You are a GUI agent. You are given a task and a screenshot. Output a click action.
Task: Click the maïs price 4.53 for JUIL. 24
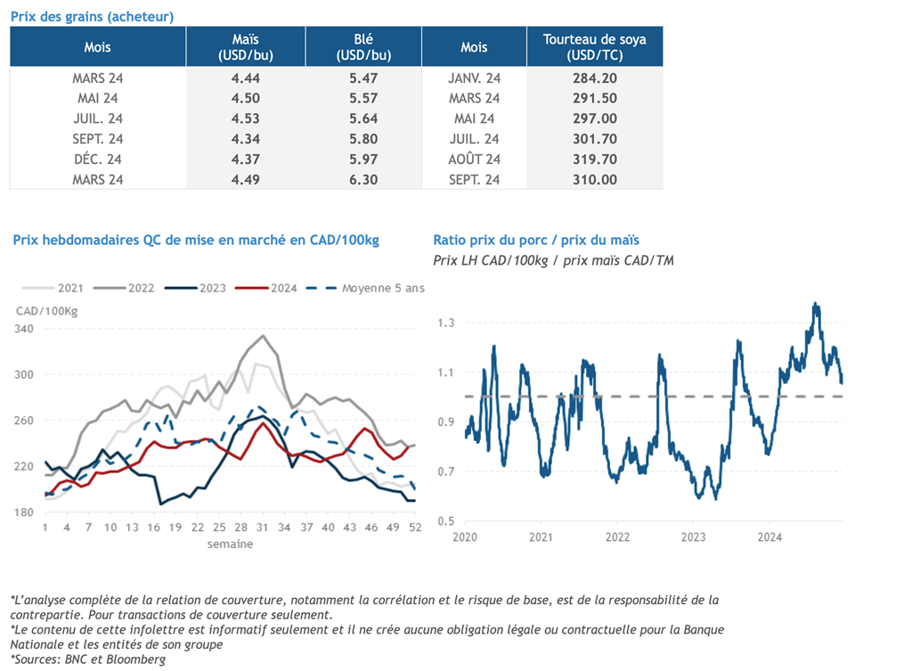(x=246, y=119)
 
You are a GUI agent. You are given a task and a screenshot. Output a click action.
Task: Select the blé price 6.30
(x=363, y=180)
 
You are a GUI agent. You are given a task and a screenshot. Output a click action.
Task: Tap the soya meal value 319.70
(x=594, y=160)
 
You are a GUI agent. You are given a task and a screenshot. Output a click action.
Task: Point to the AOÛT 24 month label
(x=474, y=160)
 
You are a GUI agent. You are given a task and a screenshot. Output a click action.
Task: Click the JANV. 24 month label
(x=474, y=78)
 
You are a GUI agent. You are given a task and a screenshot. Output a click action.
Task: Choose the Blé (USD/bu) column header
(x=363, y=47)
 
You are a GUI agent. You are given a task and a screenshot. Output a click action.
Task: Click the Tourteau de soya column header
(x=594, y=47)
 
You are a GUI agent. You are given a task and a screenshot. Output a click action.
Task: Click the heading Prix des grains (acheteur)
(x=92, y=16)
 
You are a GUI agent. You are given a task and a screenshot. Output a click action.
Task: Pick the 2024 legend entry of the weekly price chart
(x=265, y=288)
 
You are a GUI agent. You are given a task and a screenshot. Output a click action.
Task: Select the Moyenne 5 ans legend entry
(x=365, y=288)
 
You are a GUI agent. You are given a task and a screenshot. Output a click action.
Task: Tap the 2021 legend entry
(x=53, y=288)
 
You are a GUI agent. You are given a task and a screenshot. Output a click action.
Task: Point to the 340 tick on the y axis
(x=24, y=329)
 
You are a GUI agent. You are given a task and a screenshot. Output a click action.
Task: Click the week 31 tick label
(x=263, y=528)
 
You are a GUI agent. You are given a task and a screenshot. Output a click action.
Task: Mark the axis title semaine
(x=231, y=544)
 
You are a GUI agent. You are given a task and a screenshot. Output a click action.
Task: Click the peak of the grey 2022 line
(x=263, y=336)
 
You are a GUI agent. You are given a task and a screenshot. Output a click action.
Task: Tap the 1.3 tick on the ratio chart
(x=446, y=323)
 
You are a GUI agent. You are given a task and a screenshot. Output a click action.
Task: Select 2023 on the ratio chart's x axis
(x=693, y=537)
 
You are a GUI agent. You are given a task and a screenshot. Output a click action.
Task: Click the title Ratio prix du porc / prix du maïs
(x=536, y=240)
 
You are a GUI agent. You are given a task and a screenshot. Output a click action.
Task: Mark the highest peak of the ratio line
(x=815, y=303)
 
